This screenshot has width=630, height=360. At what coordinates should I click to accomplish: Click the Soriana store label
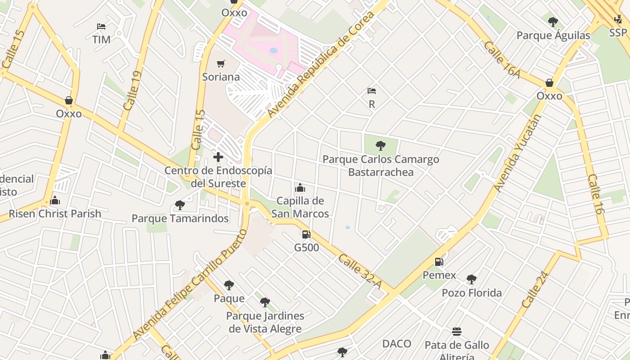click(220, 77)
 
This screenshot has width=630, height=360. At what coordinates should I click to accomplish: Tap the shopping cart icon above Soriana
click(220, 64)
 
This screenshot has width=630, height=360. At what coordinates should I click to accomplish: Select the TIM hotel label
click(101, 40)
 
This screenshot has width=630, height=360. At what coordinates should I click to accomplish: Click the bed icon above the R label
click(372, 91)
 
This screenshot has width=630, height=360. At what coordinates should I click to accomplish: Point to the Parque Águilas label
click(553, 36)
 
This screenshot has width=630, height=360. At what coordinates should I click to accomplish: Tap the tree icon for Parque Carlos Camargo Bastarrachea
click(380, 146)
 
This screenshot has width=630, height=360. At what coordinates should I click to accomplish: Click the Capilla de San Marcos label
click(300, 207)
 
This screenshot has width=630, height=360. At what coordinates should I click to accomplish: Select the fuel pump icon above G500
click(306, 234)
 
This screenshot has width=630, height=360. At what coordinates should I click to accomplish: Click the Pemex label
click(439, 275)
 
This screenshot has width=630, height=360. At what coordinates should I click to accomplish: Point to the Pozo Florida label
click(472, 293)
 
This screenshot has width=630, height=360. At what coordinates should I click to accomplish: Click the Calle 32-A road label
click(360, 272)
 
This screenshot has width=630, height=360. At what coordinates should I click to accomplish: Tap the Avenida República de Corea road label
click(321, 65)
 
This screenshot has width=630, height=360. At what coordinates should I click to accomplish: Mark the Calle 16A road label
click(502, 59)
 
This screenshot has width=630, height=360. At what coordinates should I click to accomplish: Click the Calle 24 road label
click(535, 289)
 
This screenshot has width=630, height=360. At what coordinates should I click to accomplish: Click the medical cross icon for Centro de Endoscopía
click(218, 157)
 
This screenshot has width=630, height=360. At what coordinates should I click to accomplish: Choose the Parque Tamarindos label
click(180, 219)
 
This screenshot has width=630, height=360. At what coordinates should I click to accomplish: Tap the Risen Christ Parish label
click(55, 213)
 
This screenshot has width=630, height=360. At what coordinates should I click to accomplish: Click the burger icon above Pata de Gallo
click(457, 332)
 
